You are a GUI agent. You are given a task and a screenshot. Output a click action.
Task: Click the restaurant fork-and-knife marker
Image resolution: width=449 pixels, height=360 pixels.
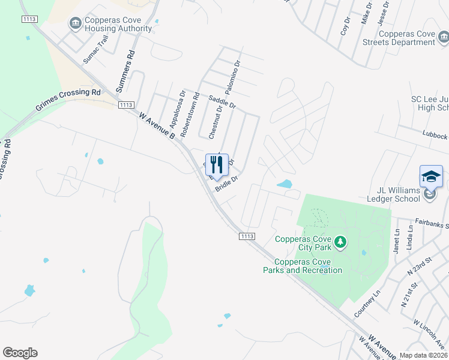(x=217, y=165)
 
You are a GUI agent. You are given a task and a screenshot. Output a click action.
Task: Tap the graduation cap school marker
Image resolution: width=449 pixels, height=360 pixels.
(x=430, y=176)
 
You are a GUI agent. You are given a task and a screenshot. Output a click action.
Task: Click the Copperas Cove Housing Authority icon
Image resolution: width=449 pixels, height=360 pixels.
(x=75, y=23)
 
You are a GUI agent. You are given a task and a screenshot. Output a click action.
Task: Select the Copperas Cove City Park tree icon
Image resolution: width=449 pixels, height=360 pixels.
(x=341, y=242)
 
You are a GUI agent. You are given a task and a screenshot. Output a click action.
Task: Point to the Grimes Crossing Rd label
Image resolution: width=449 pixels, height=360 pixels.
(x=68, y=100)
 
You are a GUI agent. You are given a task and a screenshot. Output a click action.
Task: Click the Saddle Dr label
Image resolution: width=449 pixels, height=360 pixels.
(x=222, y=101)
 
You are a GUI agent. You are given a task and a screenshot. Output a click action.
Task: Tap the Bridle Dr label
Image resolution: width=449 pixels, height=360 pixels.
(x=228, y=181)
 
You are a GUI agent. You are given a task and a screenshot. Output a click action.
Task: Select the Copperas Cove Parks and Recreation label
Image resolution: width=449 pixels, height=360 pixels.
(x=303, y=266)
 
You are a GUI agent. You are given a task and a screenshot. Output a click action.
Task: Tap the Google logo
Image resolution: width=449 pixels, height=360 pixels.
(x=20, y=353)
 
